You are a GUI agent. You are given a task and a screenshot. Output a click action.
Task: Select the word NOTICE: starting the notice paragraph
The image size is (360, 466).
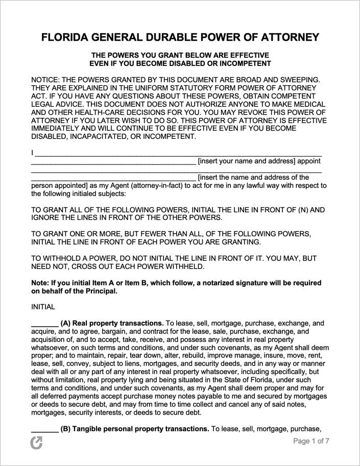[x=49, y=80]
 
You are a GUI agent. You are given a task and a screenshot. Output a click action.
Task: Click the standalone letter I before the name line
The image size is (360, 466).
[x=33, y=153]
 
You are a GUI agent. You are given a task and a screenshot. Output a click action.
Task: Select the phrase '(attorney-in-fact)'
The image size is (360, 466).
[x=162, y=186]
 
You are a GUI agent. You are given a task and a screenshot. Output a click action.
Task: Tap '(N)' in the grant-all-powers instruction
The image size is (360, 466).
[x=293, y=210]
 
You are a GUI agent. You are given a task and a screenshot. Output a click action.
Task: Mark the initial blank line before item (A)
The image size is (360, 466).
[x=44, y=324]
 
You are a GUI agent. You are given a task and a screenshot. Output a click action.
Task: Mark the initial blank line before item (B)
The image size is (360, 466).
[x=44, y=429]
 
